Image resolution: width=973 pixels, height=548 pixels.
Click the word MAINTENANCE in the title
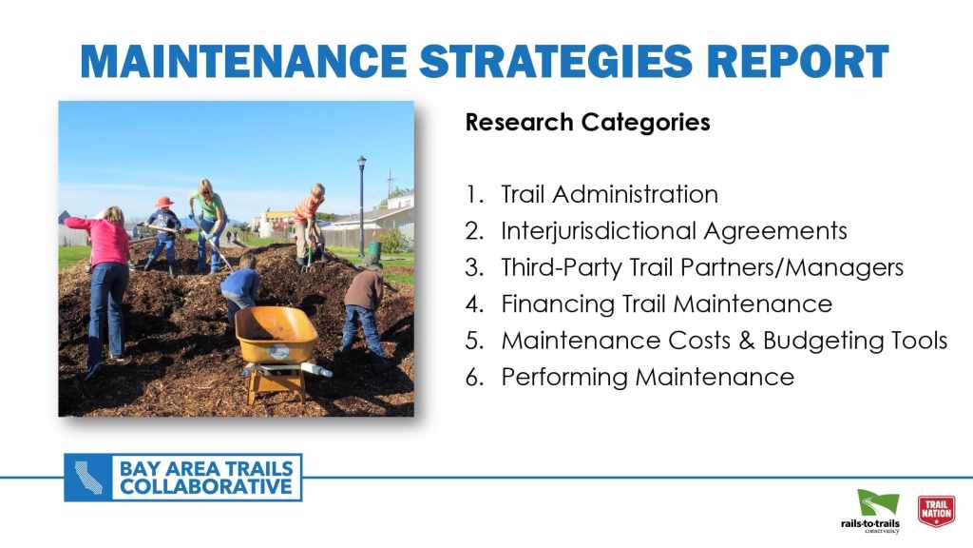click(243, 62)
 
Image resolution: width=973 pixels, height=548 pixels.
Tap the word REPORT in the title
click(797, 62)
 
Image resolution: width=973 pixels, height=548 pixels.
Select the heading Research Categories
click(587, 123)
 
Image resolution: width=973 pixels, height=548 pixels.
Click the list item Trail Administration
click(609, 194)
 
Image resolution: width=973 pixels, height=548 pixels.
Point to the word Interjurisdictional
click(599, 232)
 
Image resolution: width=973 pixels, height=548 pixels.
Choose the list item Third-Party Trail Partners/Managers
click(702, 267)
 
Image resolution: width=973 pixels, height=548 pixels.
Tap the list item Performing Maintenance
click(647, 377)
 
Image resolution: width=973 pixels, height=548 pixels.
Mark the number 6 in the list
click(473, 377)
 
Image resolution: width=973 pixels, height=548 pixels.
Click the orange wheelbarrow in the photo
click(278, 348)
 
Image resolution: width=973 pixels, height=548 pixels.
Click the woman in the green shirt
click(209, 225)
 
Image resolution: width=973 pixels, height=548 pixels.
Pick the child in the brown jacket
click(366, 314)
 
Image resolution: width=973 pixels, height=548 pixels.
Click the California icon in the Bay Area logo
click(88, 478)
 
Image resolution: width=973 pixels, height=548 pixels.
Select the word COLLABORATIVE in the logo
click(205, 487)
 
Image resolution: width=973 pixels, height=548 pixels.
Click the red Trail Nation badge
click(936, 511)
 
